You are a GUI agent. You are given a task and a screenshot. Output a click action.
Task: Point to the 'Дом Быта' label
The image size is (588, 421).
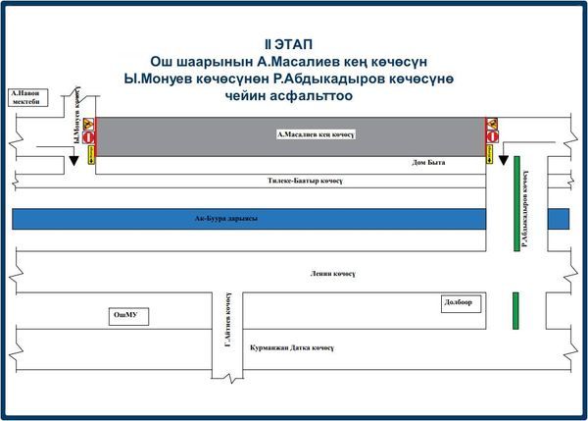pyautogui.click(x=429, y=163)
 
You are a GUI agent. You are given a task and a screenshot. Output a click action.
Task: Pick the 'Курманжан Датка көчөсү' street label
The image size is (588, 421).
pyautogui.click(x=292, y=346)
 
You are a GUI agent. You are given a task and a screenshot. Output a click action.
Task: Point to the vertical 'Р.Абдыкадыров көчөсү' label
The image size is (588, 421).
pyautogui.click(x=526, y=206)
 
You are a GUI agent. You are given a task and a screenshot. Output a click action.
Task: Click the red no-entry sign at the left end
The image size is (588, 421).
pyautogui.click(x=89, y=138)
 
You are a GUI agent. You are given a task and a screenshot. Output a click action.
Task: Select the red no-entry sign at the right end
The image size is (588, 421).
pyautogui.click(x=493, y=138)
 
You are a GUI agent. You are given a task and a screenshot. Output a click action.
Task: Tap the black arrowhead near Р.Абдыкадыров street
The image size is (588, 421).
pyautogui.click(x=503, y=160)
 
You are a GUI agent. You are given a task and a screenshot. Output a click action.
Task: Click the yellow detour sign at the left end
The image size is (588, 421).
pyautogui.click(x=91, y=154)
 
